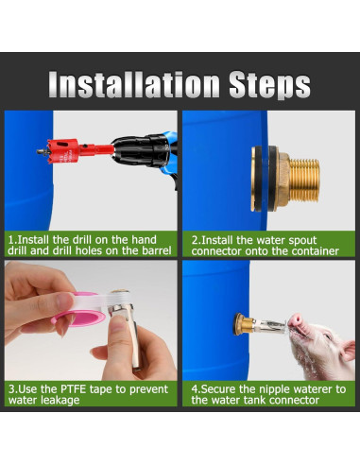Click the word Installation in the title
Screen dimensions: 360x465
(x=134, y=84)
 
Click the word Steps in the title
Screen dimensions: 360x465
(x=270, y=85)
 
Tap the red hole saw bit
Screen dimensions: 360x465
(x=62, y=151)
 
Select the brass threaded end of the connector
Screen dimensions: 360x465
(x=304, y=179)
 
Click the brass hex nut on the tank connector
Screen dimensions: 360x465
(x=283, y=180)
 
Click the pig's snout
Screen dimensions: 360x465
(x=296, y=320)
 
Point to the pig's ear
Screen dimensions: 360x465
(x=349, y=350)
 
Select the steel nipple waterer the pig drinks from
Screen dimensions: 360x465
(x=270, y=326)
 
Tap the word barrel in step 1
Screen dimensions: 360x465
(x=157, y=250)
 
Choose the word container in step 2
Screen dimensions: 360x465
(x=316, y=251)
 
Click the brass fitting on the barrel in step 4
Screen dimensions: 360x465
(x=244, y=324)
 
